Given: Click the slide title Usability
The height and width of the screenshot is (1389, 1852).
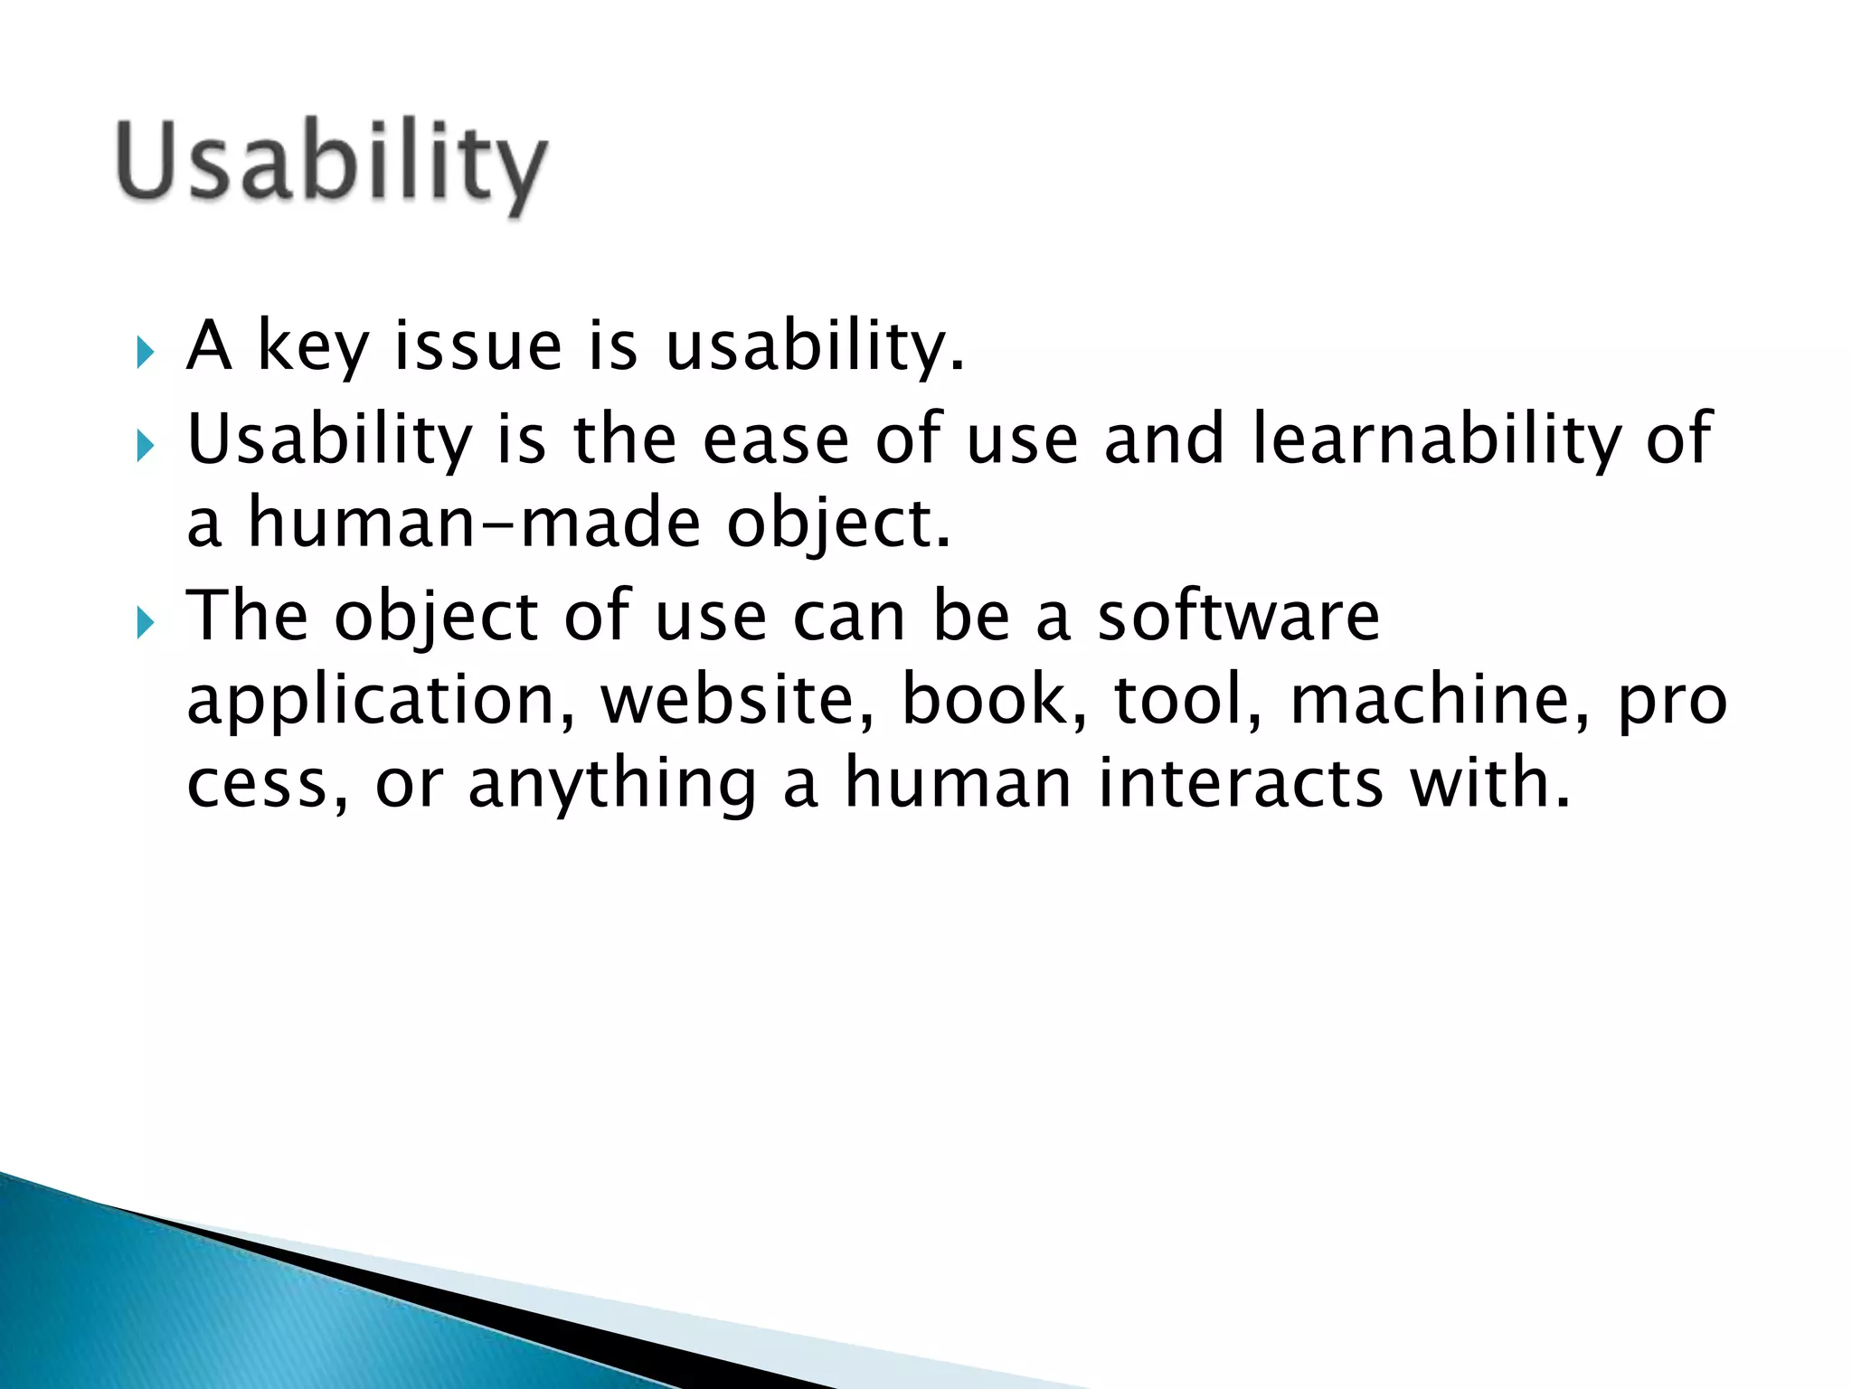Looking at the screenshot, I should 331,163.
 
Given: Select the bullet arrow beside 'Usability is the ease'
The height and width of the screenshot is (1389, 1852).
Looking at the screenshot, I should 145,445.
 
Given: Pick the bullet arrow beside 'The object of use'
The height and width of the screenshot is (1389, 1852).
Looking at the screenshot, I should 145,622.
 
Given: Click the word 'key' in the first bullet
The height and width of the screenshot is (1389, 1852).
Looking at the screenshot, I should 313,348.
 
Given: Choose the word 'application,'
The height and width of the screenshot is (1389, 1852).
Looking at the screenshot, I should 380,702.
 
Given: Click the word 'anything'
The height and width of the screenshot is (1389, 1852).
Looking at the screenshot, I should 611,785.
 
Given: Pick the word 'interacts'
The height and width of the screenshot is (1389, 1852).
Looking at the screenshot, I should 1240,783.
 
